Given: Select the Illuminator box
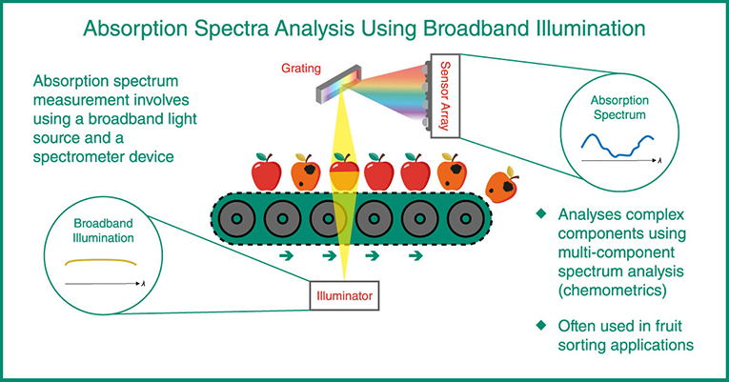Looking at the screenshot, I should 343,296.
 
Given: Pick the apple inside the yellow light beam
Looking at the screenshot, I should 343,171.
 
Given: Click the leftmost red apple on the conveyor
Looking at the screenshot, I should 263,172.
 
